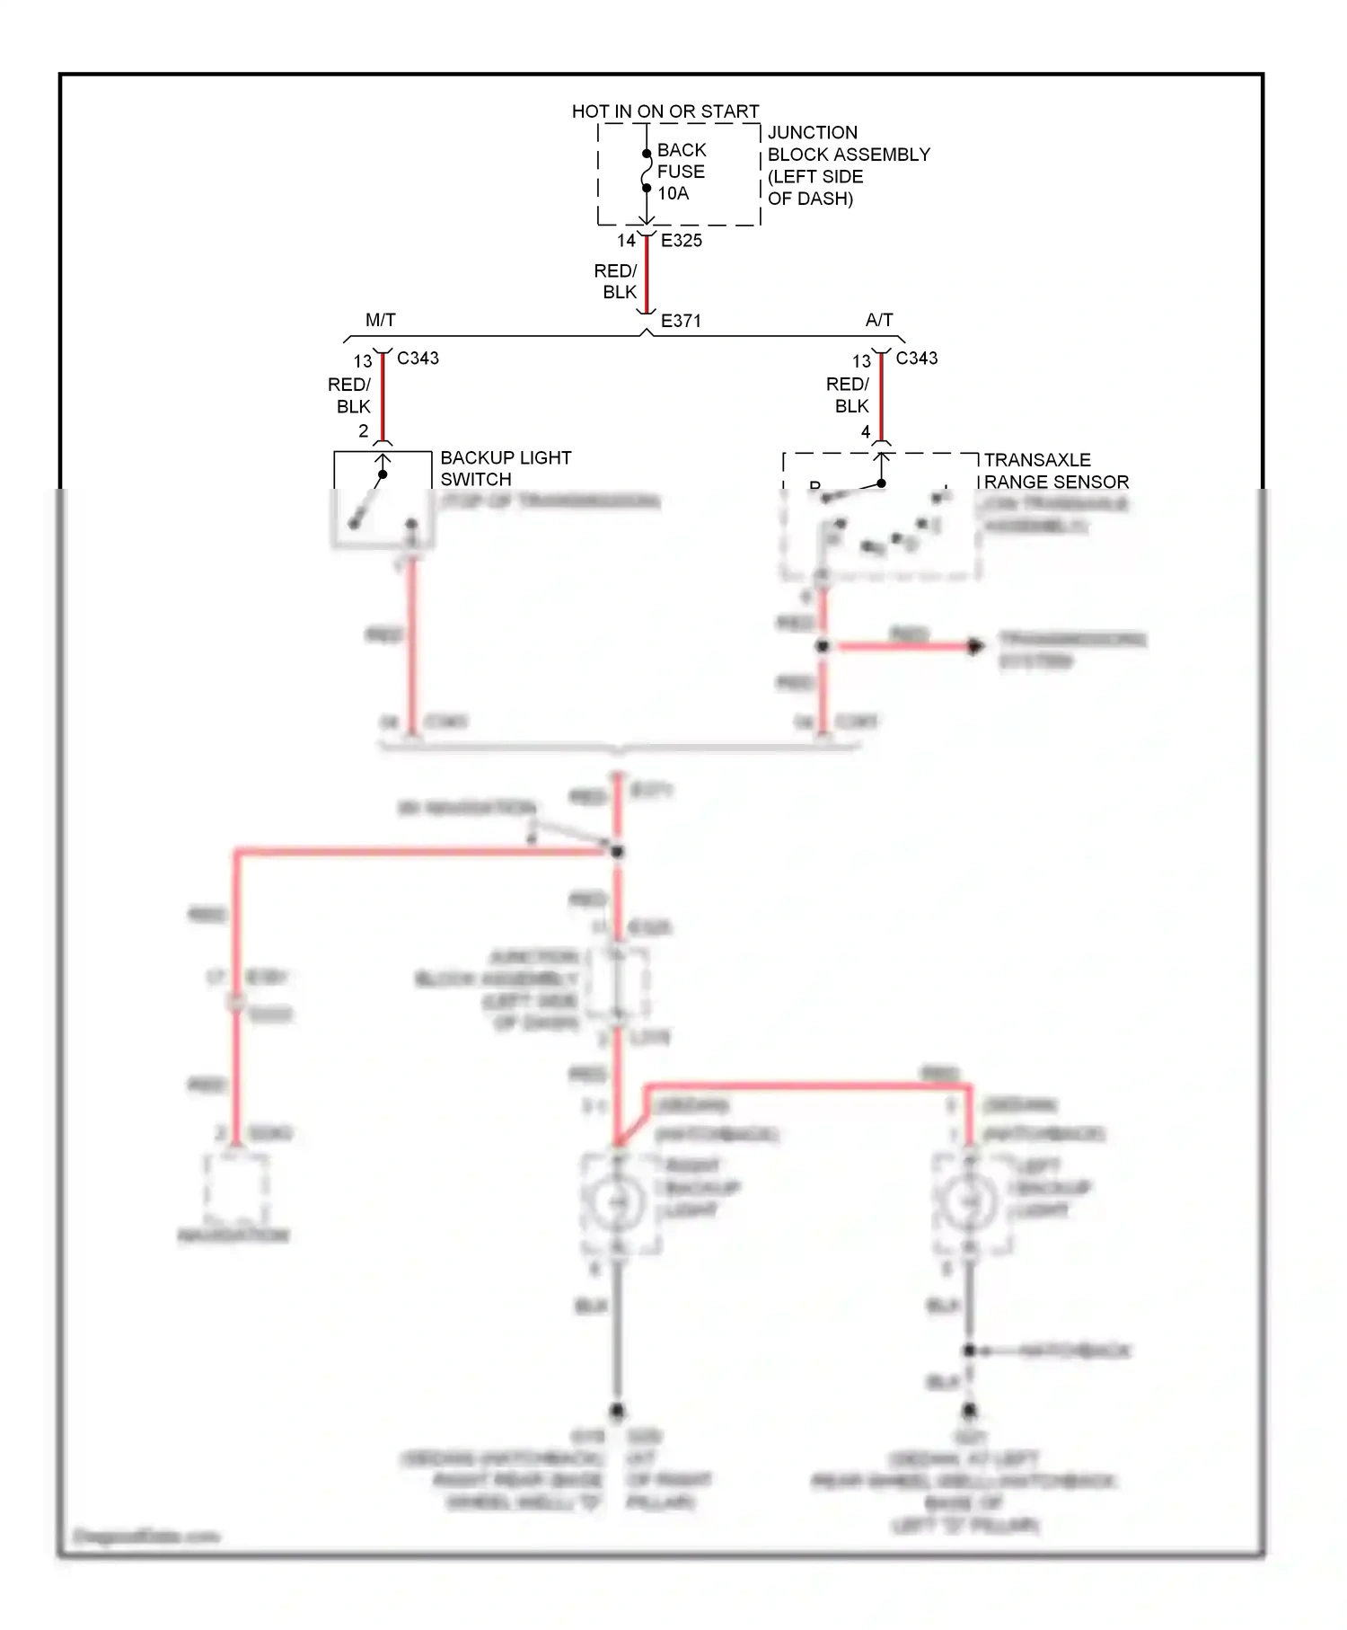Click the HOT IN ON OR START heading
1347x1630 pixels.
coord(665,111)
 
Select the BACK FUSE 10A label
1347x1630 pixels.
coord(681,172)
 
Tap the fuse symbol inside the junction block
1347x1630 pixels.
coord(646,171)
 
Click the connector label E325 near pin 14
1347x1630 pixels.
coord(682,241)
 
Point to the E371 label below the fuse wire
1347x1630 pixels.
coord(681,321)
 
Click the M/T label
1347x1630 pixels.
coord(380,320)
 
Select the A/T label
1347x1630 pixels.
coord(879,320)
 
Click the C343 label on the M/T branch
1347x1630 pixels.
coord(418,358)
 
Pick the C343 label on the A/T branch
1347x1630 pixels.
coord(917,358)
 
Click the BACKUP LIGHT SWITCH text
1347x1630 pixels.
coord(506,468)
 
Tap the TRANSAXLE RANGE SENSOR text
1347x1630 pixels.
coord(1055,471)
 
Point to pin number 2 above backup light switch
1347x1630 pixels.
coord(363,431)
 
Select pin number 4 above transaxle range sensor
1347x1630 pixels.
coord(865,432)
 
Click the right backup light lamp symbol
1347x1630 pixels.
coord(617,1202)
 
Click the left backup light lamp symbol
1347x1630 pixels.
coord(968,1202)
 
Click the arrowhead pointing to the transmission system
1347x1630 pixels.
coord(975,646)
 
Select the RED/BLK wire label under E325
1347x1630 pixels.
coord(617,281)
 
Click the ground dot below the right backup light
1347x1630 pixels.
coord(617,1412)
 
